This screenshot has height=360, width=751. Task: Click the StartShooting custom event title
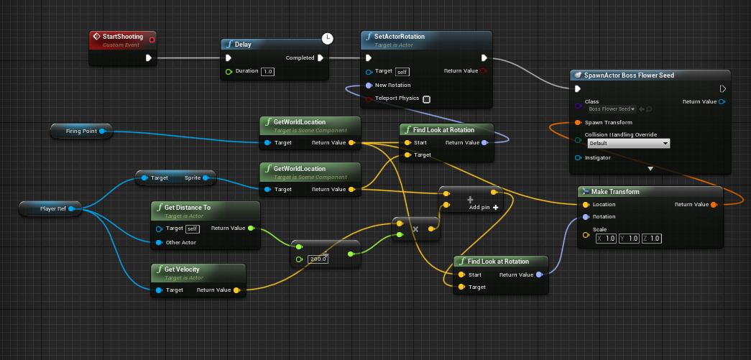[x=122, y=37]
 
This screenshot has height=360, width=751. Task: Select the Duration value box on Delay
[x=267, y=71]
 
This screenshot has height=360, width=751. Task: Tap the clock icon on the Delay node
[x=327, y=37]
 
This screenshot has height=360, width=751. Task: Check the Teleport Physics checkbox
[x=426, y=99]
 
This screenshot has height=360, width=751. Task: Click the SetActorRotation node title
[x=400, y=37]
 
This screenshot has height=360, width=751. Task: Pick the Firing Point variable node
[x=81, y=131]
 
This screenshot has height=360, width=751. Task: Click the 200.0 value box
[x=317, y=259]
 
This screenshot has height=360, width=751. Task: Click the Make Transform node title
[x=617, y=192]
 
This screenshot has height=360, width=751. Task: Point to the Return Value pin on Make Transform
[x=713, y=205]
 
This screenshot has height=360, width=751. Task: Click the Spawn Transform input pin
[x=578, y=122]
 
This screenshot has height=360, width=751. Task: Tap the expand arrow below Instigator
[x=650, y=168]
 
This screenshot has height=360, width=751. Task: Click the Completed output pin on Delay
[x=321, y=58]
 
